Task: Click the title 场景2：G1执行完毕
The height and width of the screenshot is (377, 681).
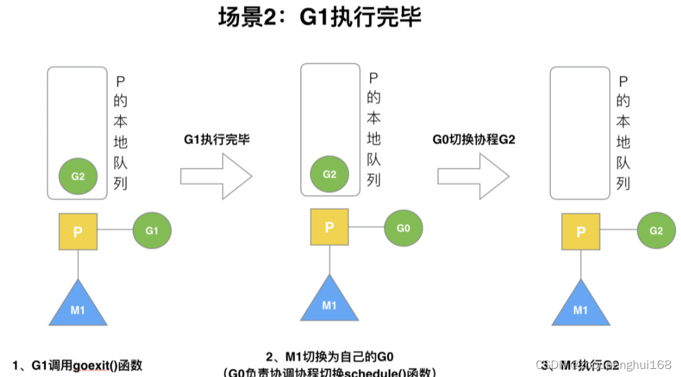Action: coord(319,17)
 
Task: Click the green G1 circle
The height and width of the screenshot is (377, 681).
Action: coord(152,231)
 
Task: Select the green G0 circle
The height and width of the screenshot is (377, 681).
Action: coord(403,228)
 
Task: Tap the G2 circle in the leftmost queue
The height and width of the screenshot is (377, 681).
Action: coord(78,176)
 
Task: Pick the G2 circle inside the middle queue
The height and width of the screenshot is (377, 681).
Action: coord(329,174)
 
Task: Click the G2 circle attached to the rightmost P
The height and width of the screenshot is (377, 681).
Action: coord(656,231)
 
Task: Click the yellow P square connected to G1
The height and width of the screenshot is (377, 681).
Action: coord(78,232)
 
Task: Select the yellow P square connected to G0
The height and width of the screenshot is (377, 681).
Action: coord(329,227)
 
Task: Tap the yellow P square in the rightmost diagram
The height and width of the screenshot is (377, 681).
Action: coord(581,232)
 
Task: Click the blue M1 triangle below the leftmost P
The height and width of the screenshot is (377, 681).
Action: coord(78,306)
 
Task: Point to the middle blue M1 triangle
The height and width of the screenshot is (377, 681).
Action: coord(329,301)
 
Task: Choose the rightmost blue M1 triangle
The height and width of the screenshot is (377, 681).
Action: coord(581,306)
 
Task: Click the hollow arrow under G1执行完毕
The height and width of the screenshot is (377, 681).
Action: coord(216,176)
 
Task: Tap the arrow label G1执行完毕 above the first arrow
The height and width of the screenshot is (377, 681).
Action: coord(216,140)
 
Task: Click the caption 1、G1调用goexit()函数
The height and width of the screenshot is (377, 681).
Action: coord(78,365)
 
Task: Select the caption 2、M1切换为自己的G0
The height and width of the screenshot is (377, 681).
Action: coord(330,357)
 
